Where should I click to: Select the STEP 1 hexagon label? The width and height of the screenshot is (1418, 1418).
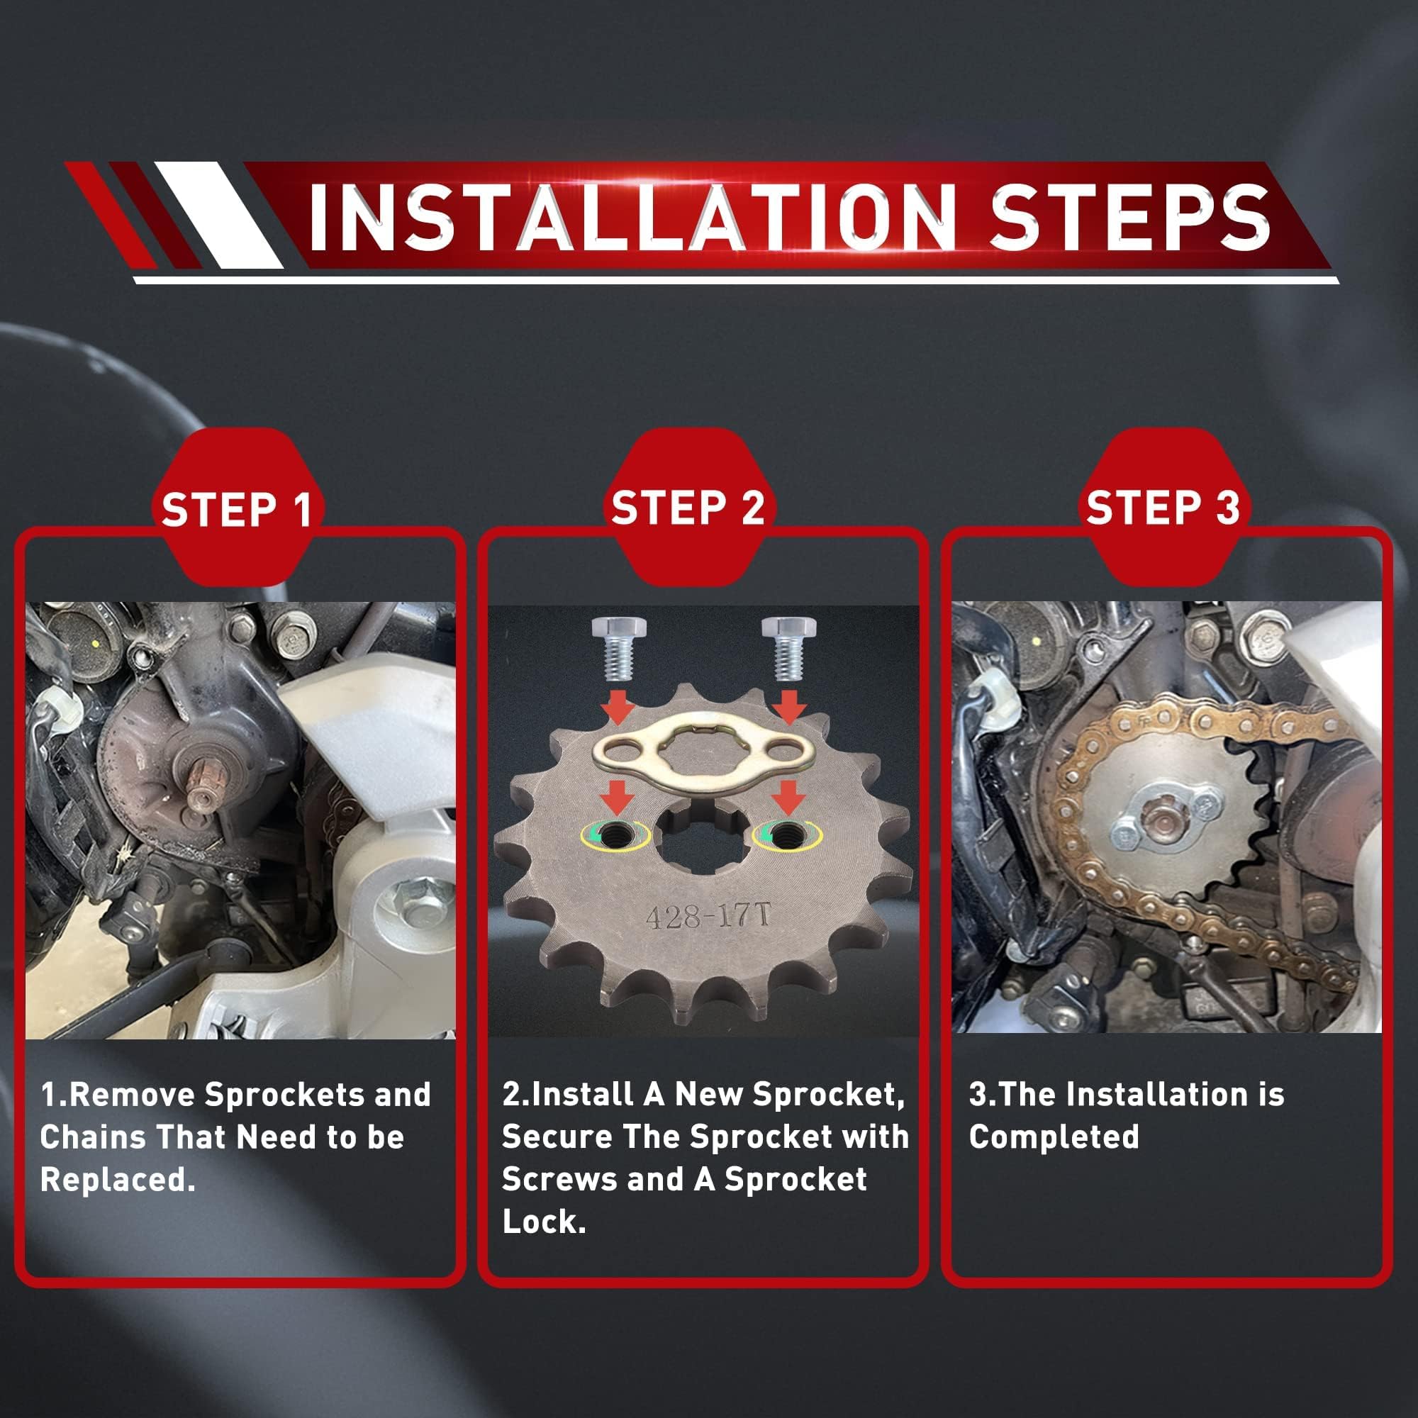[x=236, y=508]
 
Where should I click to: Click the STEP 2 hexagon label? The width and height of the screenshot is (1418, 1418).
[x=688, y=508]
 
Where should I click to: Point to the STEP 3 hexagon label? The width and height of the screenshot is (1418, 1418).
[x=1163, y=508]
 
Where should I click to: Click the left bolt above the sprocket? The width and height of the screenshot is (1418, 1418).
[x=618, y=647]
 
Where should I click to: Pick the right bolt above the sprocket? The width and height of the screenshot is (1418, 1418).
[x=788, y=647]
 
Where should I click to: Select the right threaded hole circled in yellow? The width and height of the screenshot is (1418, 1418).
[x=786, y=833]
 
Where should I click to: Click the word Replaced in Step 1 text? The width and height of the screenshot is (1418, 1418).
[x=118, y=1180]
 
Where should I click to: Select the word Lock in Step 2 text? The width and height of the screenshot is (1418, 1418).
[x=544, y=1222]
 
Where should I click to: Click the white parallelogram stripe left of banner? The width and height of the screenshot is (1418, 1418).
[x=218, y=214]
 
